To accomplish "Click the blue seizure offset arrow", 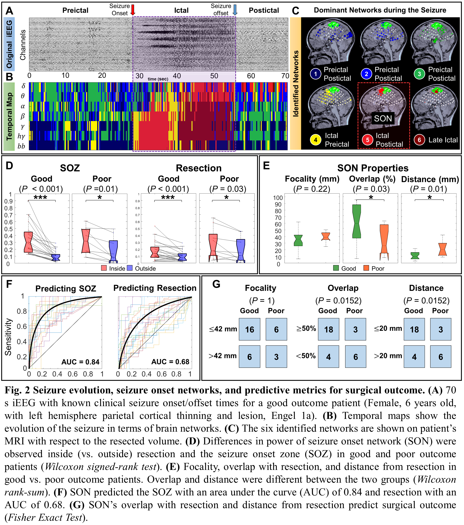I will (235, 10).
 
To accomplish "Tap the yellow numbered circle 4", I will (316, 140).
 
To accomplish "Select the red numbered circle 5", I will (367, 140).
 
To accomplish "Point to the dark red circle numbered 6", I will (419, 140).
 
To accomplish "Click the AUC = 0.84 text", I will (80, 362).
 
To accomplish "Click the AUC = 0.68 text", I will (170, 362).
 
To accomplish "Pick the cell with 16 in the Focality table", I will (249, 330).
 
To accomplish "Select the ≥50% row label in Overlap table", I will (306, 328).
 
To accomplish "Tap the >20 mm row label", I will (388, 356).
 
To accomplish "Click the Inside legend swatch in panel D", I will (104, 268).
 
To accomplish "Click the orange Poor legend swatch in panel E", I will (366, 268).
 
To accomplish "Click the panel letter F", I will (9, 284).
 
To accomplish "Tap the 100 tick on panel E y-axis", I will (278, 198).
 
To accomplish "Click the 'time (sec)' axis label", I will (158, 79).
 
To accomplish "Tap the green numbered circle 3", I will (419, 74).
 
